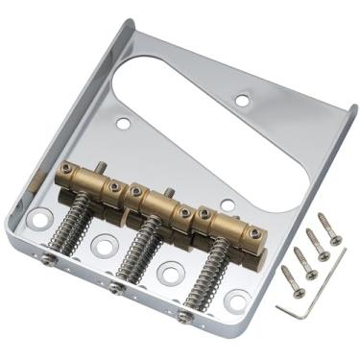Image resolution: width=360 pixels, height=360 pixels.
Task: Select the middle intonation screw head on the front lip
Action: coord(115,287)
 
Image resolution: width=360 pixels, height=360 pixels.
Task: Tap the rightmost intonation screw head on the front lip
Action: coord(182,315)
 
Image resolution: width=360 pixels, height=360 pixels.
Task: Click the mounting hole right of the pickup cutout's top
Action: coord(242,98)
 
